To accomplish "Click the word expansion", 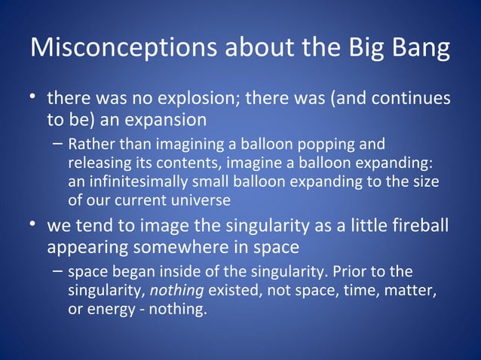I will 164,120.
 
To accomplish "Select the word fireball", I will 418,227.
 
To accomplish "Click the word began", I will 127,271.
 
